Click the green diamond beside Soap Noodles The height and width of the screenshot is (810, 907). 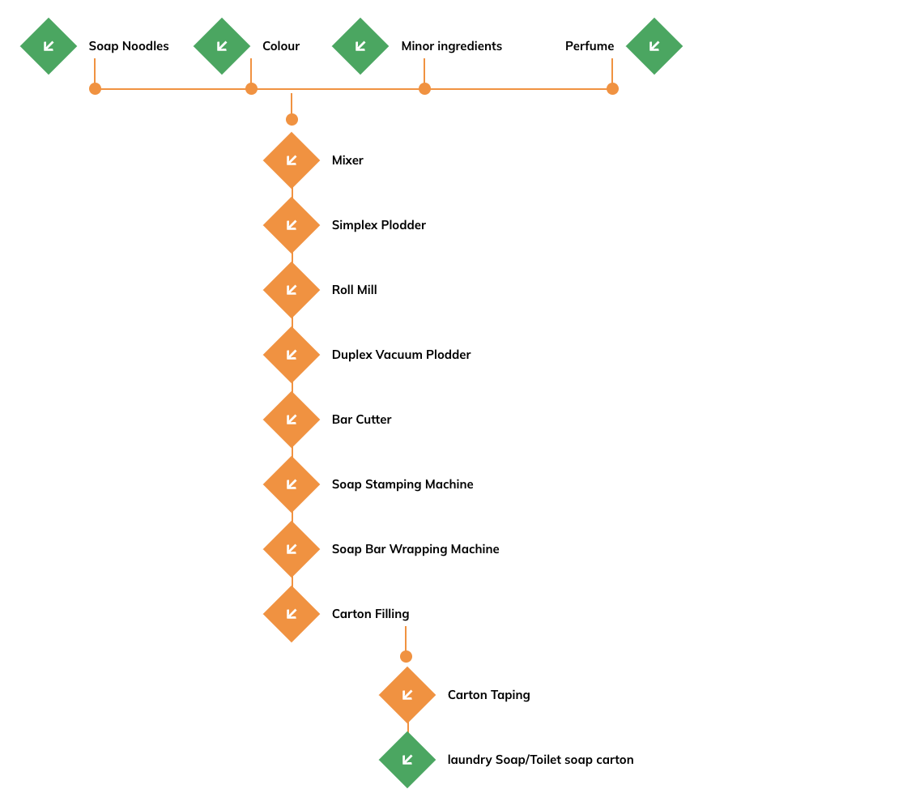coord(49,46)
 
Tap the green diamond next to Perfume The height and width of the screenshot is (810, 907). coord(654,46)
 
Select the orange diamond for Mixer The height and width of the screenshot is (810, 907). coord(292,160)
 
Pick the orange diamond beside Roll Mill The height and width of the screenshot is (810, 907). coord(292,290)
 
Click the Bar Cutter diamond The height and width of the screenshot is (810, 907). coord(292,420)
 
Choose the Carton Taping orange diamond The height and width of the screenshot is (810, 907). coord(407,695)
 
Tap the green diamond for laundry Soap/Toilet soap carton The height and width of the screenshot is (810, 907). coord(407,760)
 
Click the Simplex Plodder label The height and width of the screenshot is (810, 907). coord(379,225)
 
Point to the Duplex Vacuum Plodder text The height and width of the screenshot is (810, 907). coord(402,355)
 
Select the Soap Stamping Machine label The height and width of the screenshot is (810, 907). coord(402,484)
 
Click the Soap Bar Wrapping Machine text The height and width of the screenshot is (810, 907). coord(415,549)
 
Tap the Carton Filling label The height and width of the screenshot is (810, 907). coord(370,614)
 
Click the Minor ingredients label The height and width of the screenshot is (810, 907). coord(452,46)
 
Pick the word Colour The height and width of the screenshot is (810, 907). coord(281,46)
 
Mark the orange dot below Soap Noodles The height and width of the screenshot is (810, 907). coord(95,88)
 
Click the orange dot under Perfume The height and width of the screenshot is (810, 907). coord(612,88)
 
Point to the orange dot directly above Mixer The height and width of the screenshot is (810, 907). coord(292,119)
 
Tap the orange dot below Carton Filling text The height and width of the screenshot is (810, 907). coord(406,656)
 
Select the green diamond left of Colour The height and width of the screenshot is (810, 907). coord(222,46)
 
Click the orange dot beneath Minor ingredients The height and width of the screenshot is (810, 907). coord(424,88)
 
